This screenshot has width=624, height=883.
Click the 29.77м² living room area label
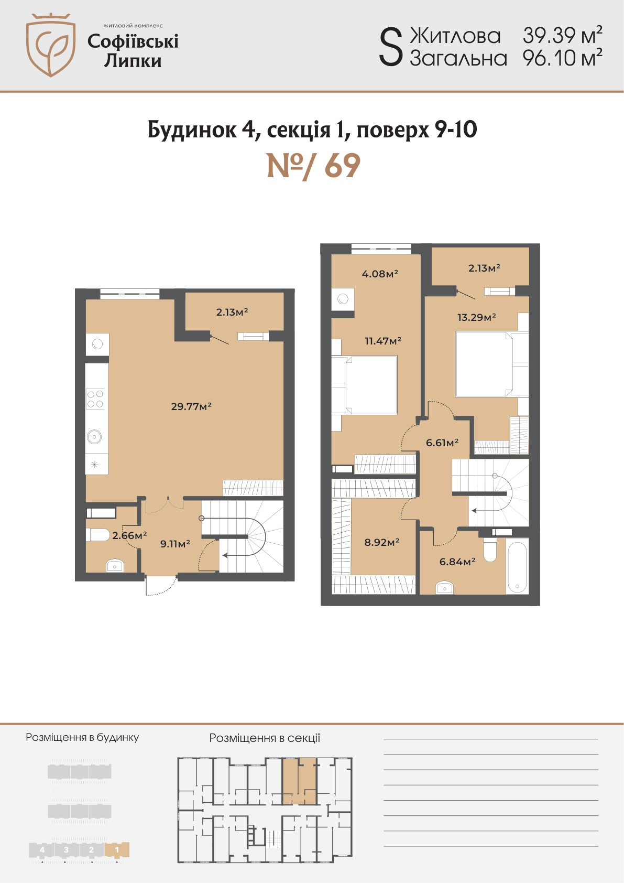[x=191, y=406]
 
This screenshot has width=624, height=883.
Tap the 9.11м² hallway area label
[x=176, y=544]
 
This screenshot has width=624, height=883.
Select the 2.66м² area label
[x=129, y=535]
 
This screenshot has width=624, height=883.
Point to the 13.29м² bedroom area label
[x=476, y=317]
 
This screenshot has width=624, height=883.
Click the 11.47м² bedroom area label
[x=383, y=341]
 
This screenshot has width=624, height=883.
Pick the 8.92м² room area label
[x=382, y=542]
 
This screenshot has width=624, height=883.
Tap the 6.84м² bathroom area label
[x=457, y=562]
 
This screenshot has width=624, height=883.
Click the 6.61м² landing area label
[x=442, y=443]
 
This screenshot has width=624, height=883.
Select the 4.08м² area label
[x=380, y=273]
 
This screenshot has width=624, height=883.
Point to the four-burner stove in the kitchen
[x=95, y=399]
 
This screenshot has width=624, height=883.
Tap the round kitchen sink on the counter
[x=94, y=437]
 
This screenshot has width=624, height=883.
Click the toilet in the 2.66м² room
[x=97, y=535]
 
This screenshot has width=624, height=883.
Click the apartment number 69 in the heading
[x=342, y=166]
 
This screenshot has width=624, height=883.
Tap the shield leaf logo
[x=50, y=45]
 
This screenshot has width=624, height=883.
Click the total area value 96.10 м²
[x=562, y=58]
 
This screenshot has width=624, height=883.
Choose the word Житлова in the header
[x=455, y=36]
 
